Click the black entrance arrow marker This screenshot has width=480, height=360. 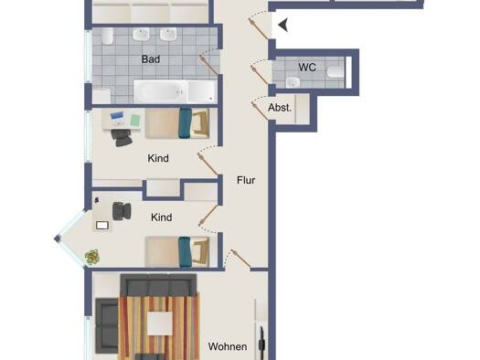(283, 25)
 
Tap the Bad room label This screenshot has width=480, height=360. (151, 59)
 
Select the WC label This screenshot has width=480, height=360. (307, 68)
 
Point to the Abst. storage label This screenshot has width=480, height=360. (280, 108)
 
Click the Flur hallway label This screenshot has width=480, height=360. (246, 180)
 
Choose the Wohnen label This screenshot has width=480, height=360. (228, 346)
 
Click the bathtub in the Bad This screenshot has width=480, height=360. (175, 91)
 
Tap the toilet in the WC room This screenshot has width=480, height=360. (336, 72)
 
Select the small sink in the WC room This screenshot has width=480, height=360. (293, 82)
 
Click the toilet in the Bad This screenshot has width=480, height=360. (108, 37)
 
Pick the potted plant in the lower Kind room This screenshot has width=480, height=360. (92, 257)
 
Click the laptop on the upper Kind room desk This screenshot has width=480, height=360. (117, 119)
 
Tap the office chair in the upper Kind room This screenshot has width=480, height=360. (122, 137)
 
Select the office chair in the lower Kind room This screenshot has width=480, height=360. (122, 211)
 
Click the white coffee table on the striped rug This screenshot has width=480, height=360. (160, 323)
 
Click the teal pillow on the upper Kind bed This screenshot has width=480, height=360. (186, 123)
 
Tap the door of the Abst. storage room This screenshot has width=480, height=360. (260, 111)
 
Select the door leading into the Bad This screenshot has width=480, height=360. (208, 65)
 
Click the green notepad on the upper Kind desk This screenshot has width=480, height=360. (135, 120)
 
